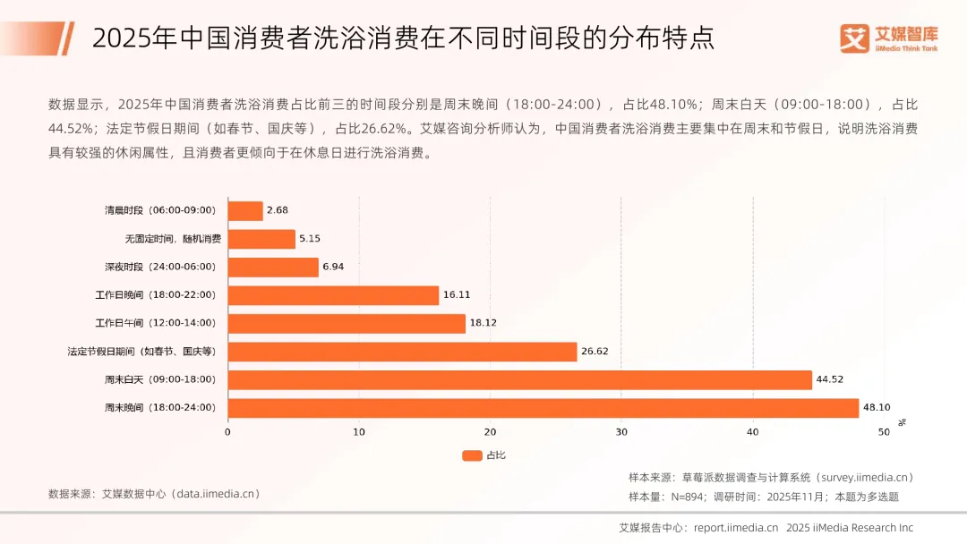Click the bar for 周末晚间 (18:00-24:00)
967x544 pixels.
point(543,408)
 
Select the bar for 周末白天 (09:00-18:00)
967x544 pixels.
point(519,379)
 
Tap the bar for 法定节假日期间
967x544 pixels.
point(402,352)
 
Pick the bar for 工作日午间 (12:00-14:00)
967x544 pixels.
point(347,323)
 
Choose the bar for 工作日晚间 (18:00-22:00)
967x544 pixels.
point(333,295)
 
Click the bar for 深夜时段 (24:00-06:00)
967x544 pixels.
point(273,268)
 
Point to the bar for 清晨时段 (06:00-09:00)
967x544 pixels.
point(245,211)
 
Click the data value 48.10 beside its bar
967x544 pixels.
point(876,408)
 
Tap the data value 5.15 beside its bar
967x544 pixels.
point(310,239)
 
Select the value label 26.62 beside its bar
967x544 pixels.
point(595,352)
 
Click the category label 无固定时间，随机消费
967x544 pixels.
point(173,239)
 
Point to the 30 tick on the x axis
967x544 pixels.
point(621,432)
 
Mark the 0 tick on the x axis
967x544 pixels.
point(227,432)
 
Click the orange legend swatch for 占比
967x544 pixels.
point(472,455)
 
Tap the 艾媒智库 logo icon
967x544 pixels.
point(855,38)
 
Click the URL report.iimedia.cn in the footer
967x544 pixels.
point(735,528)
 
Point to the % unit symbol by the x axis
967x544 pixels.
point(903,421)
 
